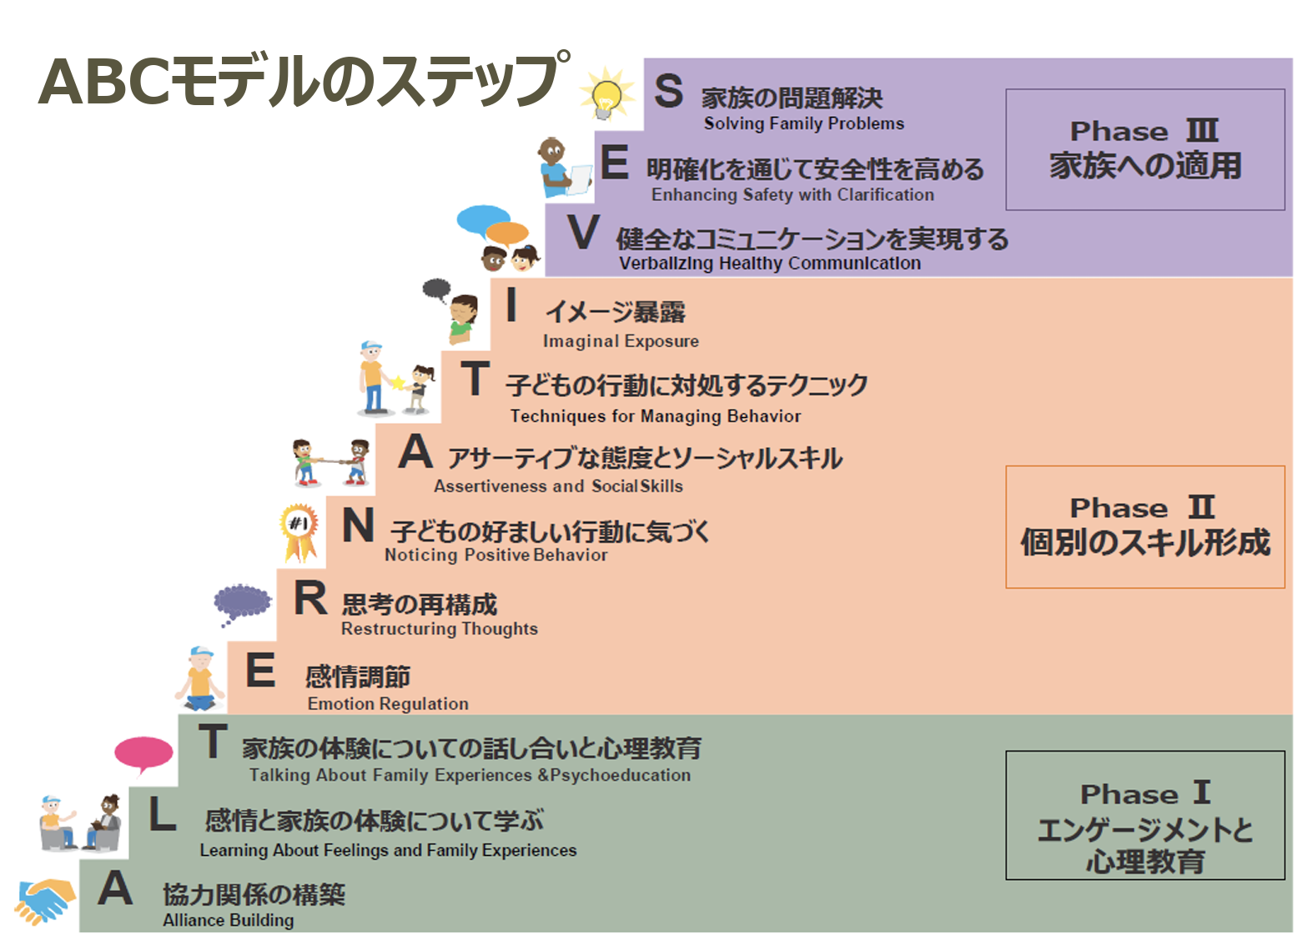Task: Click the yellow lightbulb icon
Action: (606, 94)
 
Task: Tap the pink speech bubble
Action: (143, 752)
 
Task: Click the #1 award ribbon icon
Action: (299, 531)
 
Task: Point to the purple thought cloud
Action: (241, 601)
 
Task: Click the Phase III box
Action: (1144, 149)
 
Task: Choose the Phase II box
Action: (1144, 526)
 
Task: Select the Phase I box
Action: (1144, 815)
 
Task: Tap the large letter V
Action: (583, 233)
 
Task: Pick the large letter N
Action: (358, 526)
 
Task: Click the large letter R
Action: (310, 599)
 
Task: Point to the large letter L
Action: (162, 815)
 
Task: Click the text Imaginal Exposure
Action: (621, 341)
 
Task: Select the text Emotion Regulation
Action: (388, 704)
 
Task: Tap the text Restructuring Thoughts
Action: (439, 629)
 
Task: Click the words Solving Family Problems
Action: (803, 124)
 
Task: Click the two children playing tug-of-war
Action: (331, 462)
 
